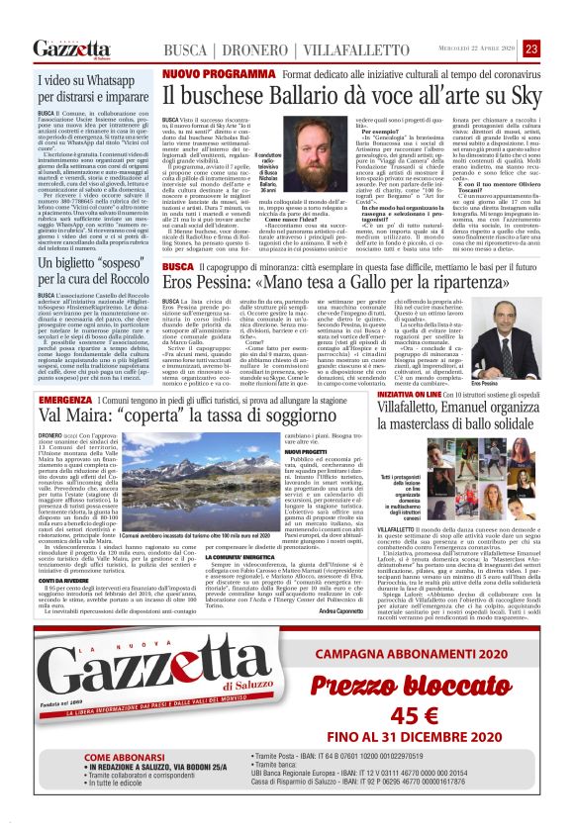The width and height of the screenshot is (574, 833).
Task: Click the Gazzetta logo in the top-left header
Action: pos(71,48)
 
